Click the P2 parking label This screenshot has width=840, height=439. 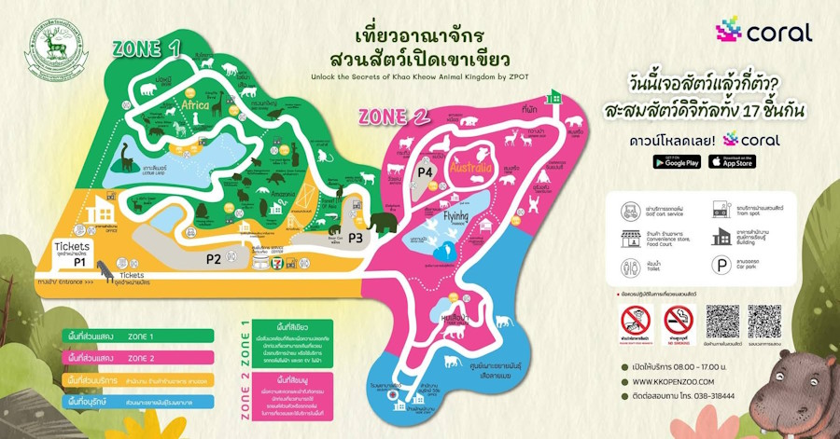point(214,258)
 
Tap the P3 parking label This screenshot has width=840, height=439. point(355,238)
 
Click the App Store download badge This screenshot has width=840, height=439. point(732,161)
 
